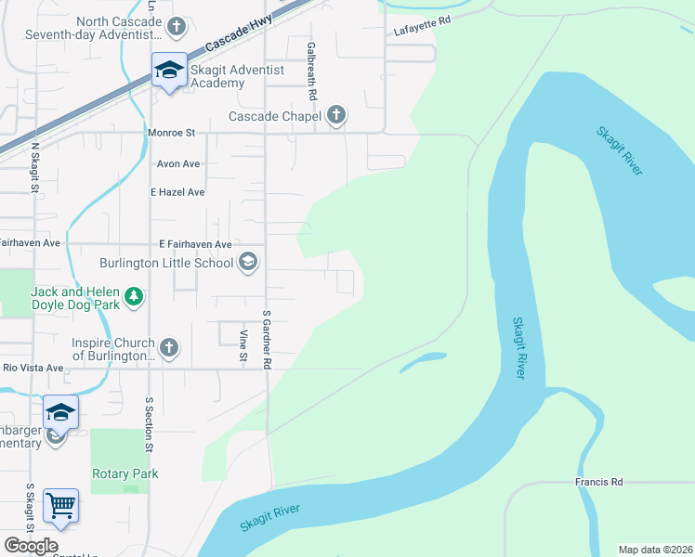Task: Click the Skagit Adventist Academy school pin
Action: tap(169, 71)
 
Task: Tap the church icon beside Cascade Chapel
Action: tap(336, 116)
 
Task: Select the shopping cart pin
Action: tap(60, 506)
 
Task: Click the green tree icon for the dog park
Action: tap(135, 296)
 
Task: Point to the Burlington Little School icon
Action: tap(247, 263)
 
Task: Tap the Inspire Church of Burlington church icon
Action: tap(168, 348)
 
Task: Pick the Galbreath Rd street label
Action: tap(312, 71)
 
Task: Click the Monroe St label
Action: tap(171, 133)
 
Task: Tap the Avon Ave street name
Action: tap(178, 164)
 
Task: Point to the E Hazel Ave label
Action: tap(177, 192)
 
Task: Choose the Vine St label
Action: tap(243, 344)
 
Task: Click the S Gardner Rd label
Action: tap(266, 340)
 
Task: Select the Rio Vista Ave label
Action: tap(33, 368)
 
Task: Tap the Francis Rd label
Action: tap(597, 483)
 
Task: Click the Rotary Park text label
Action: tap(125, 473)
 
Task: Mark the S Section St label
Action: tap(149, 425)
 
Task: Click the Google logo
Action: tap(31, 545)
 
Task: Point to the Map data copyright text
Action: tap(655, 550)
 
